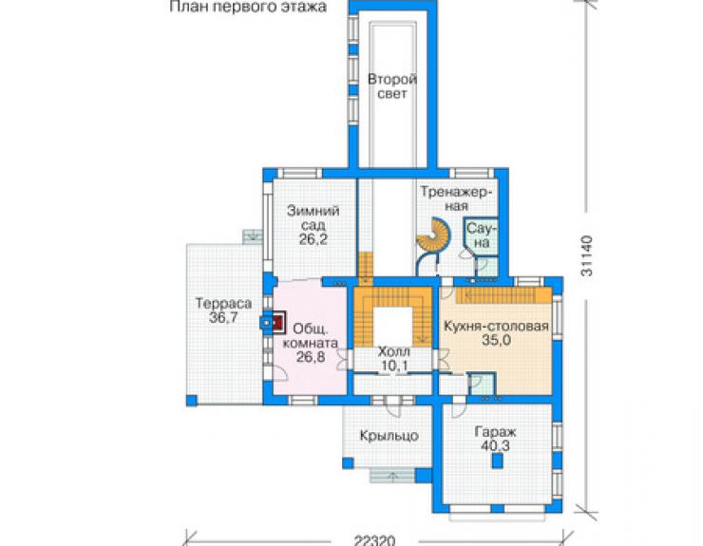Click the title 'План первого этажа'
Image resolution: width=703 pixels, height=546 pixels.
click(x=248, y=7)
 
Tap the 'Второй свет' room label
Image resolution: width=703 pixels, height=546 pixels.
click(x=391, y=86)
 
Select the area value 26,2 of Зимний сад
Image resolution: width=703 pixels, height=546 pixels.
click(x=313, y=239)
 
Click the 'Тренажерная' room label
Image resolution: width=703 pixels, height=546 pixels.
click(x=456, y=199)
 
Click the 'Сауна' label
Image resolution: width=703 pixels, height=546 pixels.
click(x=482, y=235)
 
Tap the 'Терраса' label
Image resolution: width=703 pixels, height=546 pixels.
click(x=223, y=304)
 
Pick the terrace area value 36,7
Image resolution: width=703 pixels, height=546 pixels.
click(x=223, y=318)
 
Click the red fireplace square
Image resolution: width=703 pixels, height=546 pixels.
click(x=278, y=322)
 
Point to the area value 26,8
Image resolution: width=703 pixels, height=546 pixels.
click(x=311, y=357)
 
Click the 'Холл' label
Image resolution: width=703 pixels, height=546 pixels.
click(x=393, y=350)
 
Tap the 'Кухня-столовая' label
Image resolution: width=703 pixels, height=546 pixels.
click(x=496, y=326)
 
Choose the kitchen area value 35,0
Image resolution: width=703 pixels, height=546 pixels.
click(x=496, y=340)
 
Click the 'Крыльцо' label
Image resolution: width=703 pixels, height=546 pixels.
click(x=389, y=436)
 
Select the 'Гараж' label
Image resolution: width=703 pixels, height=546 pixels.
click(x=495, y=432)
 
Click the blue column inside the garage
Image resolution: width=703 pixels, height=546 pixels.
click(x=497, y=461)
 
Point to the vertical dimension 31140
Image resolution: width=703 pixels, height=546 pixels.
click(x=587, y=256)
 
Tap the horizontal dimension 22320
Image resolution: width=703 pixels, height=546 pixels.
click(x=374, y=540)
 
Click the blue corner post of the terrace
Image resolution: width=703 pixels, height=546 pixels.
click(x=192, y=401)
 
